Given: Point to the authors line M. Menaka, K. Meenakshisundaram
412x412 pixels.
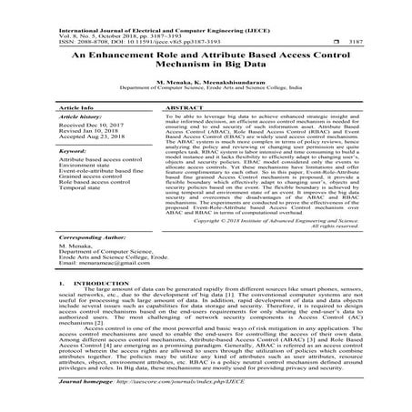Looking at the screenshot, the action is tap(206, 81).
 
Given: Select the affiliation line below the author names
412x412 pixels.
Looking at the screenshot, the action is tap(206, 88).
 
